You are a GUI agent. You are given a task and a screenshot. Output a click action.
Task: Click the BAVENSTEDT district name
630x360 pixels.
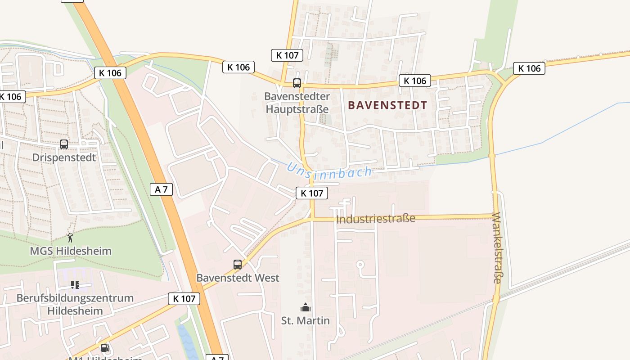pyautogui.click(x=387, y=105)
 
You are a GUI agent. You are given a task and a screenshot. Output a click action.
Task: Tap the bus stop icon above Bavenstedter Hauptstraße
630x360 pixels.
pyautogui.click(x=297, y=83)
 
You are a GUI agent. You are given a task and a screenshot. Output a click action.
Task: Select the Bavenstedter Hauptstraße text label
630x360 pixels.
pyautogui.click(x=297, y=103)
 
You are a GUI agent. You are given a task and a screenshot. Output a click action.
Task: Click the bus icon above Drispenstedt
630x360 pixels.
pyautogui.click(x=64, y=144)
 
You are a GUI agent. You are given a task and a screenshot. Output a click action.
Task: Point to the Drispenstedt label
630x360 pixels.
pyautogui.click(x=64, y=157)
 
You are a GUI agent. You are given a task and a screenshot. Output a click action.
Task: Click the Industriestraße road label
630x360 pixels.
pyautogui.click(x=376, y=219)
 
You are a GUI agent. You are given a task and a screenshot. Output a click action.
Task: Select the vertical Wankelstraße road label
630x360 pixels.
pyautogui.click(x=496, y=247)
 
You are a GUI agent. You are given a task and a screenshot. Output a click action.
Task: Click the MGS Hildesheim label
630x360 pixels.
pyautogui.click(x=71, y=251)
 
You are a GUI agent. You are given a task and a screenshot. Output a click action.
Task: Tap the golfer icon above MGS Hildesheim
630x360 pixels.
pyautogui.click(x=70, y=238)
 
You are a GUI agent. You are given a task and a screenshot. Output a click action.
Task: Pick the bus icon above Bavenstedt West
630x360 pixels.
pyautogui.click(x=238, y=265)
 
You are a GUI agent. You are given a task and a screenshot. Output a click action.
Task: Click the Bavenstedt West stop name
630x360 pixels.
pyautogui.click(x=238, y=278)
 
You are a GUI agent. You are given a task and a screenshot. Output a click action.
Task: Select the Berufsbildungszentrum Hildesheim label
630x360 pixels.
pyautogui.click(x=75, y=304)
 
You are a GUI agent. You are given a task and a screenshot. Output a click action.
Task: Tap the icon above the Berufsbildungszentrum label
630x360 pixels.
pyautogui.click(x=75, y=285)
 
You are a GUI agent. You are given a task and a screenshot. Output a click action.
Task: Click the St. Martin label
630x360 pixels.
pyautogui.click(x=306, y=320)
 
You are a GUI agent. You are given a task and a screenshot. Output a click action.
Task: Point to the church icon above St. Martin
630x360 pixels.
pyautogui.click(x=306, y=308)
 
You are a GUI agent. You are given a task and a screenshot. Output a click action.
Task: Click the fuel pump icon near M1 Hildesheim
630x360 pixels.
pyautogui.click(x=105, y=347)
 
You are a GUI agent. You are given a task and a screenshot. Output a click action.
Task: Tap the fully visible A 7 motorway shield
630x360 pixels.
pyautogui.click(x=161, y=189)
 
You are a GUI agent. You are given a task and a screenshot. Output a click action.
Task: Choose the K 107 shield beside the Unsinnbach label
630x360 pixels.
pyautogui.click(x=312, y=193)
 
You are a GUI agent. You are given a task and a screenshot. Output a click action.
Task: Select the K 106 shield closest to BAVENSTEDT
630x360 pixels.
pyautogui.click(x=414, y=81)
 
